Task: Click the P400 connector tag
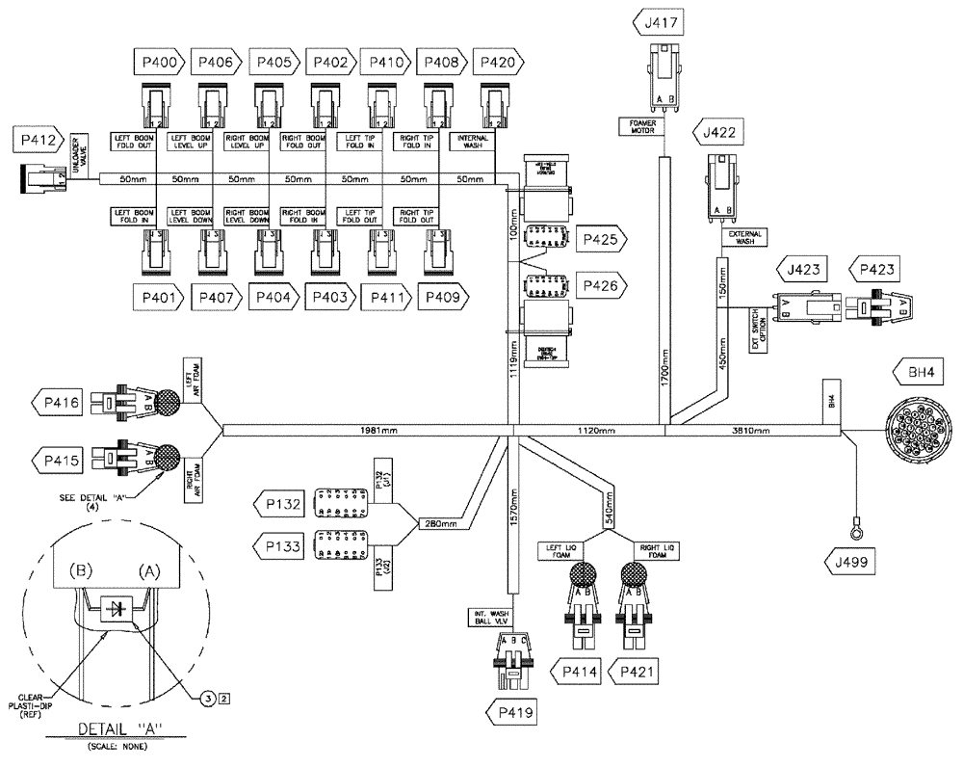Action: point(159,64)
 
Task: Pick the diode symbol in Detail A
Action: point(118,608)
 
